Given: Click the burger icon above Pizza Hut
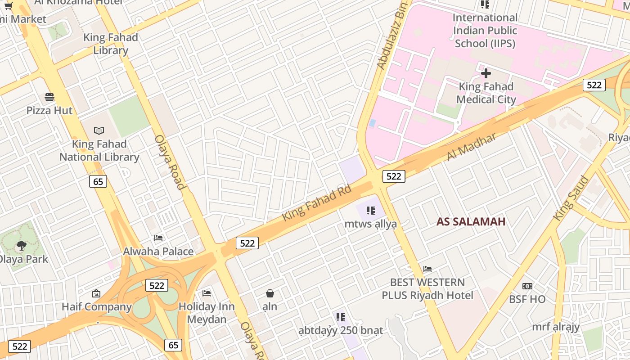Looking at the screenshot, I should pos(49,97).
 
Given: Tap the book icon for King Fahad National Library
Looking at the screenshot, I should pos(99,130).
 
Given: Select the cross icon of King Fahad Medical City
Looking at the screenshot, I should pos(486,73).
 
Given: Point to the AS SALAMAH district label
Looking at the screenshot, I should pos(471,221).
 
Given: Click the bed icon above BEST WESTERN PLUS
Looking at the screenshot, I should pos(427,269).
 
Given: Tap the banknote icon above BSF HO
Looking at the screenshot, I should pos(527,286).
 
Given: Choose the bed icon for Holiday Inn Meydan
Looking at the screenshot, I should pos(207,293).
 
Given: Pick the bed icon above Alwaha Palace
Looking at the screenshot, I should pos(158,238).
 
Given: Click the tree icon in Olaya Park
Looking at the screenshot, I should pos(21,246).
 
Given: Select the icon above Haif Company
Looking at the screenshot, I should pos(96,294).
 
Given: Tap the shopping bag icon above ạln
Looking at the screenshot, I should pos(270,294).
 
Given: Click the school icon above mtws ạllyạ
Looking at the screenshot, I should pos(371,210).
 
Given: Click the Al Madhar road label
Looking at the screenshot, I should pos(471,146).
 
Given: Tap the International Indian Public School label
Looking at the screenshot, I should pos(485,31).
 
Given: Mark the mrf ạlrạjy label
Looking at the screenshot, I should pos(556,327).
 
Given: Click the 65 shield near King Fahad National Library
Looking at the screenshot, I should pos(98,181).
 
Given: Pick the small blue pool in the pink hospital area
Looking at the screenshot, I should pos(372,123).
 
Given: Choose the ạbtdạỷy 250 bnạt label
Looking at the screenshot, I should pos(341,331).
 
